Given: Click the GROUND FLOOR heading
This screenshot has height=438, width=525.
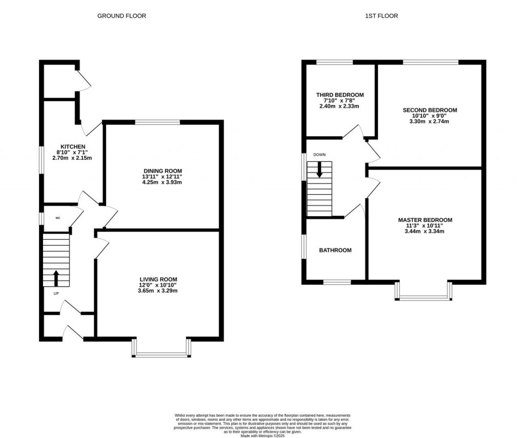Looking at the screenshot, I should coord(122,16).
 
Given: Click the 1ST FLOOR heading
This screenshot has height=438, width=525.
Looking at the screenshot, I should coord(381,16).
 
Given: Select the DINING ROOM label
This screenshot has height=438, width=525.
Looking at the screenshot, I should coord(163,171).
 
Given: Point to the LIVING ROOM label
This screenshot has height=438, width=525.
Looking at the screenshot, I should coord(158,279).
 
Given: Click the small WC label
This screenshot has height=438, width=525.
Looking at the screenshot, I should coord(58,218).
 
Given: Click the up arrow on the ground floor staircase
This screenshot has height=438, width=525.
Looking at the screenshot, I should coord(56,279).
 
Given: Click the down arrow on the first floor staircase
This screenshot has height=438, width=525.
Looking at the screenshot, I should coord(319,170).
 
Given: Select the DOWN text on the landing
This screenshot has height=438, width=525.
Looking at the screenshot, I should coord(319,154).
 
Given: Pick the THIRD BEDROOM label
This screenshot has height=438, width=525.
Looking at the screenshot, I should coord(340,95).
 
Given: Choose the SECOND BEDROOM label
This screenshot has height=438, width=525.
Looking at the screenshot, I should coord(430,110).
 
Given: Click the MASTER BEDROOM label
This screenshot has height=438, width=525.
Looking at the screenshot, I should coord(425,220).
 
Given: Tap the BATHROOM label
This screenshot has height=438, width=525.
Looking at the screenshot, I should coord(335,251).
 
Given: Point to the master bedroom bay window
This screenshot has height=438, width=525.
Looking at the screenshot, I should coord(424,297).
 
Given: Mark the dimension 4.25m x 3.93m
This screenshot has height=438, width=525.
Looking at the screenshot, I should coord(163,183).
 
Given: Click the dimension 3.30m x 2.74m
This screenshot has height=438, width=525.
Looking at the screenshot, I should coord(430,122).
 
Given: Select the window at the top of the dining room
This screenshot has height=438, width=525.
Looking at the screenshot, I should coord(157,122).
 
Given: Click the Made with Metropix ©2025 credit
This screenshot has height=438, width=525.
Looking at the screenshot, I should coord(262,435).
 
